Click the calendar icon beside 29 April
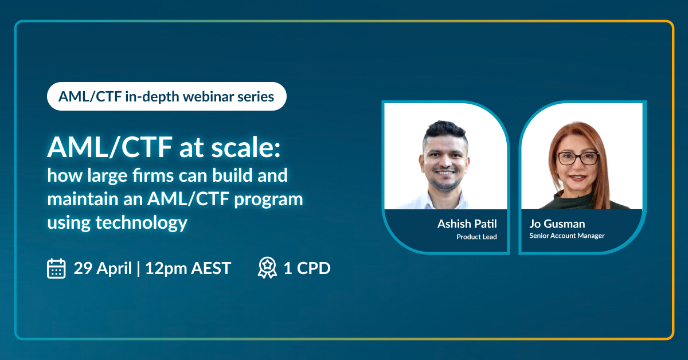[56, 268]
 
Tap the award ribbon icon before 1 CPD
[267, 268]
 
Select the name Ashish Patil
[467, 224]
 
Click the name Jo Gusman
[557, 224]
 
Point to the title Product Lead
[476, 237]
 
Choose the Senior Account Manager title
[567, 236]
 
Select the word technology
[142, 222]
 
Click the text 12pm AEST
[188, 268]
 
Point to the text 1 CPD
[307, 268]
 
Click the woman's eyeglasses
[578, 158]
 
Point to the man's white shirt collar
[441, 201]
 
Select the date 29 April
[103, 268]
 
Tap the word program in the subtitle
[268, 199]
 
